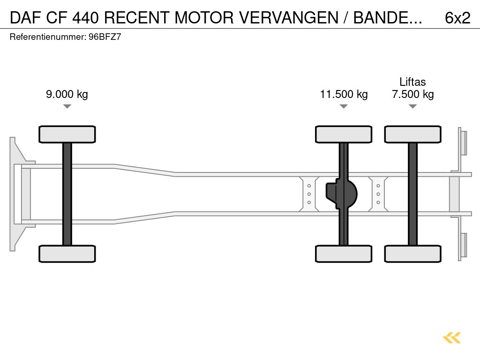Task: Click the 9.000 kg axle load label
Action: (x=67, y=94)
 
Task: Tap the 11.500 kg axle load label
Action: (x=344, y=94)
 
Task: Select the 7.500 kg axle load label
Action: (x=412, y=94)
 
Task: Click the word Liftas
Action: (x=412, y=82)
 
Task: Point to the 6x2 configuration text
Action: (x=457, y=18)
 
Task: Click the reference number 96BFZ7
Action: (x=105, y=37)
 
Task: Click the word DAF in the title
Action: (x=25, y=18)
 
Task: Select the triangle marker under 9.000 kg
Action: (x=67, y=106)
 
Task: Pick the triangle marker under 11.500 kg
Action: (x=344, y=106)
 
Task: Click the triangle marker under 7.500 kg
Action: (x=412, y=106)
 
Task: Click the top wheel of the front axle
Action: (x=67, y=134)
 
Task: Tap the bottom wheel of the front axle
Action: (x=67, y=254)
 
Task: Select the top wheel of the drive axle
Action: (x=344, y=134)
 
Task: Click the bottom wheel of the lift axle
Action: (x=412, y=254)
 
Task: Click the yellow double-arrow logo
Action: (x=451, y=337)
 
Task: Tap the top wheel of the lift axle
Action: (x=412, y=134)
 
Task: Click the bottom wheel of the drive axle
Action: (x=344, y=254)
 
